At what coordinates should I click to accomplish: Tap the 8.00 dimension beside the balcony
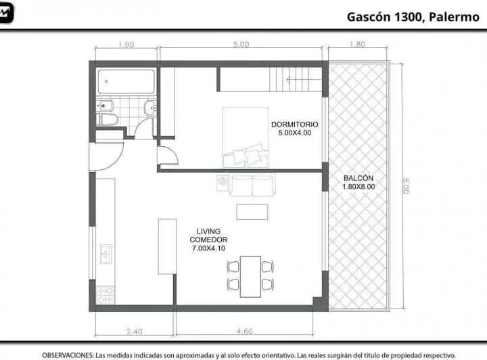405,185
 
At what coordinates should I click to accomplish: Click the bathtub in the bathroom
126,82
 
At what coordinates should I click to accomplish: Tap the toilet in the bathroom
108,120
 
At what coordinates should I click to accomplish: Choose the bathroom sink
149,108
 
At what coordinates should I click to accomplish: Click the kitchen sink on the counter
105,254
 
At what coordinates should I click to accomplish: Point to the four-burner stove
106,294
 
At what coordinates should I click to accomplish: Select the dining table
250,275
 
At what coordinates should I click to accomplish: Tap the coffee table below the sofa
252,211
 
